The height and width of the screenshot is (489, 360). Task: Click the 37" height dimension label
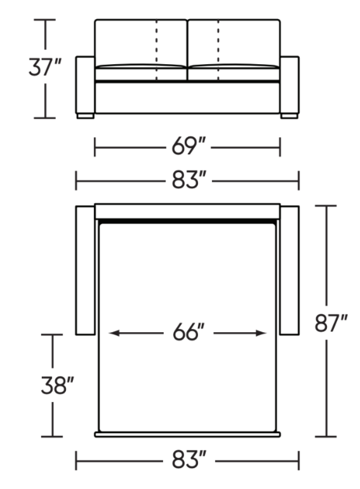[45, 67]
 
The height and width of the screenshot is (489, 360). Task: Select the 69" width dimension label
[189, 146]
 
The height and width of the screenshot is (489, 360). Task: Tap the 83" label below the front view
[189, 180]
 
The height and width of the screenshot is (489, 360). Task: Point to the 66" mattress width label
[189, 332]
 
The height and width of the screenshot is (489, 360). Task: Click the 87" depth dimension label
[331, 323]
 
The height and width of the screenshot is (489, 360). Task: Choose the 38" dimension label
[57, 385]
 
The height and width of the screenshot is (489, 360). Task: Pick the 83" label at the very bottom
[189, 460]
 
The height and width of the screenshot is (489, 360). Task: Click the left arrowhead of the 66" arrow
[114, 333]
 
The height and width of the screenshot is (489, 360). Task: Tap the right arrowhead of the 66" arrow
[261, 333]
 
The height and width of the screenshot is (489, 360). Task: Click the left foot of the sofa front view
[86, 116]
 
